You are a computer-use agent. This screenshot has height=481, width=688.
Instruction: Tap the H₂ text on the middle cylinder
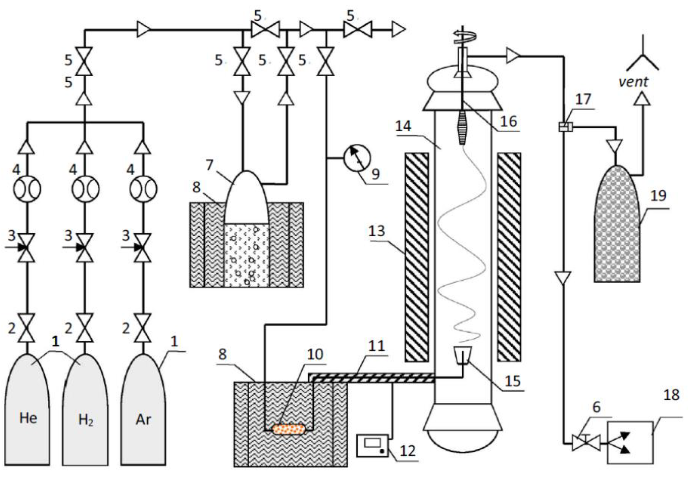(85, 420)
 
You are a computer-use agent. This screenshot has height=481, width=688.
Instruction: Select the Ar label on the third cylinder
(143, 419)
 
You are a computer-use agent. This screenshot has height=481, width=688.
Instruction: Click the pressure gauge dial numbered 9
(357, 158)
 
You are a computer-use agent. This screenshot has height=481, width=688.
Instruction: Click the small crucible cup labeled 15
(463, 355)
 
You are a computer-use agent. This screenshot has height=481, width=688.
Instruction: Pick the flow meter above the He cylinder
(27, 189)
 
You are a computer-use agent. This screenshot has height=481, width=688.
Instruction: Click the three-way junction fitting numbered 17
(565, 127)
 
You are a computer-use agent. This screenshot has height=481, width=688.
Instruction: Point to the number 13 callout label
(377, 231)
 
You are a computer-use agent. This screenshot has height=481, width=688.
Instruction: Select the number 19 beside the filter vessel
(658, 195)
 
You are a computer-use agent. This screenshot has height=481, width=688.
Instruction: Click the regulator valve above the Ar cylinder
(143, 248)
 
